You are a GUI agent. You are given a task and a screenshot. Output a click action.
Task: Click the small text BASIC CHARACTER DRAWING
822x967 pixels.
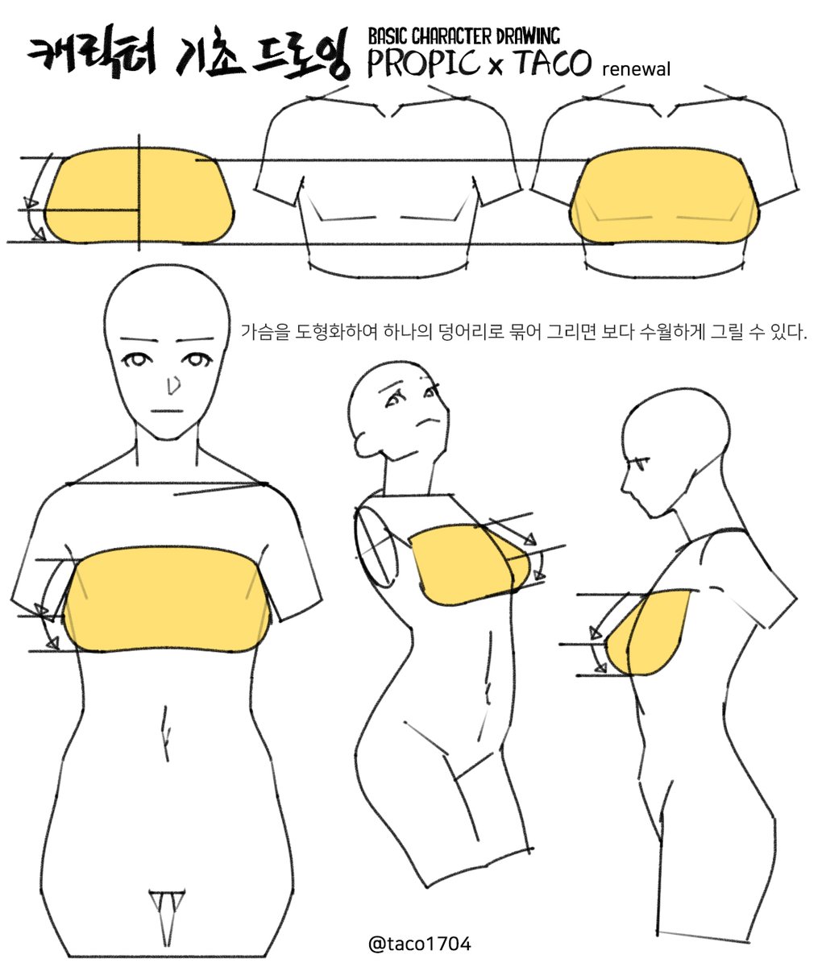463,35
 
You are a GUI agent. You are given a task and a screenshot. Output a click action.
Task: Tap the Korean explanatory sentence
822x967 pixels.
524,331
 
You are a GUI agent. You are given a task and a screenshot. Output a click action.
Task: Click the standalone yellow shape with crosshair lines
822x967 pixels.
139,196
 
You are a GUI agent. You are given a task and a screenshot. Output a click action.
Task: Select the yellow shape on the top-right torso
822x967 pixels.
666,197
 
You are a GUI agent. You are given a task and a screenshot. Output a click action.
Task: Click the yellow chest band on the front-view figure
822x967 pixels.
167,600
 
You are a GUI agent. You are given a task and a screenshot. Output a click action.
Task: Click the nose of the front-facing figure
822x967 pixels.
170,388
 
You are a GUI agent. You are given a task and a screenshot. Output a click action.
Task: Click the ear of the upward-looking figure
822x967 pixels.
362,441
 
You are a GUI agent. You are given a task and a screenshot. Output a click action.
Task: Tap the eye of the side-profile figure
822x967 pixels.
641,464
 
